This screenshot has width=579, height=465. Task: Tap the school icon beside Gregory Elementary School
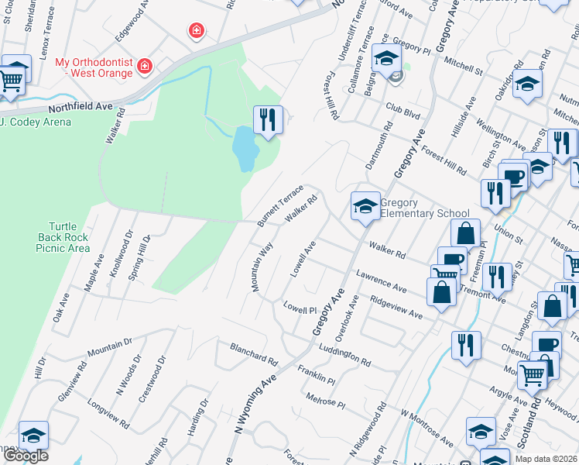tap(365, 206)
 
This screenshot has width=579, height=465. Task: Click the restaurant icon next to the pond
tap(268, 120)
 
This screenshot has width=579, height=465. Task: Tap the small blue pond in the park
tap(244, 148)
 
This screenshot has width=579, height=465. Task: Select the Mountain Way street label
tap(262, 267)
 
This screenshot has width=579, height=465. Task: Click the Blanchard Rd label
tap(253, 354)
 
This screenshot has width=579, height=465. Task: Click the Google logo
tap(25, 456)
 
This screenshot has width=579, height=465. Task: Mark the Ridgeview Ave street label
tap(396, 307)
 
